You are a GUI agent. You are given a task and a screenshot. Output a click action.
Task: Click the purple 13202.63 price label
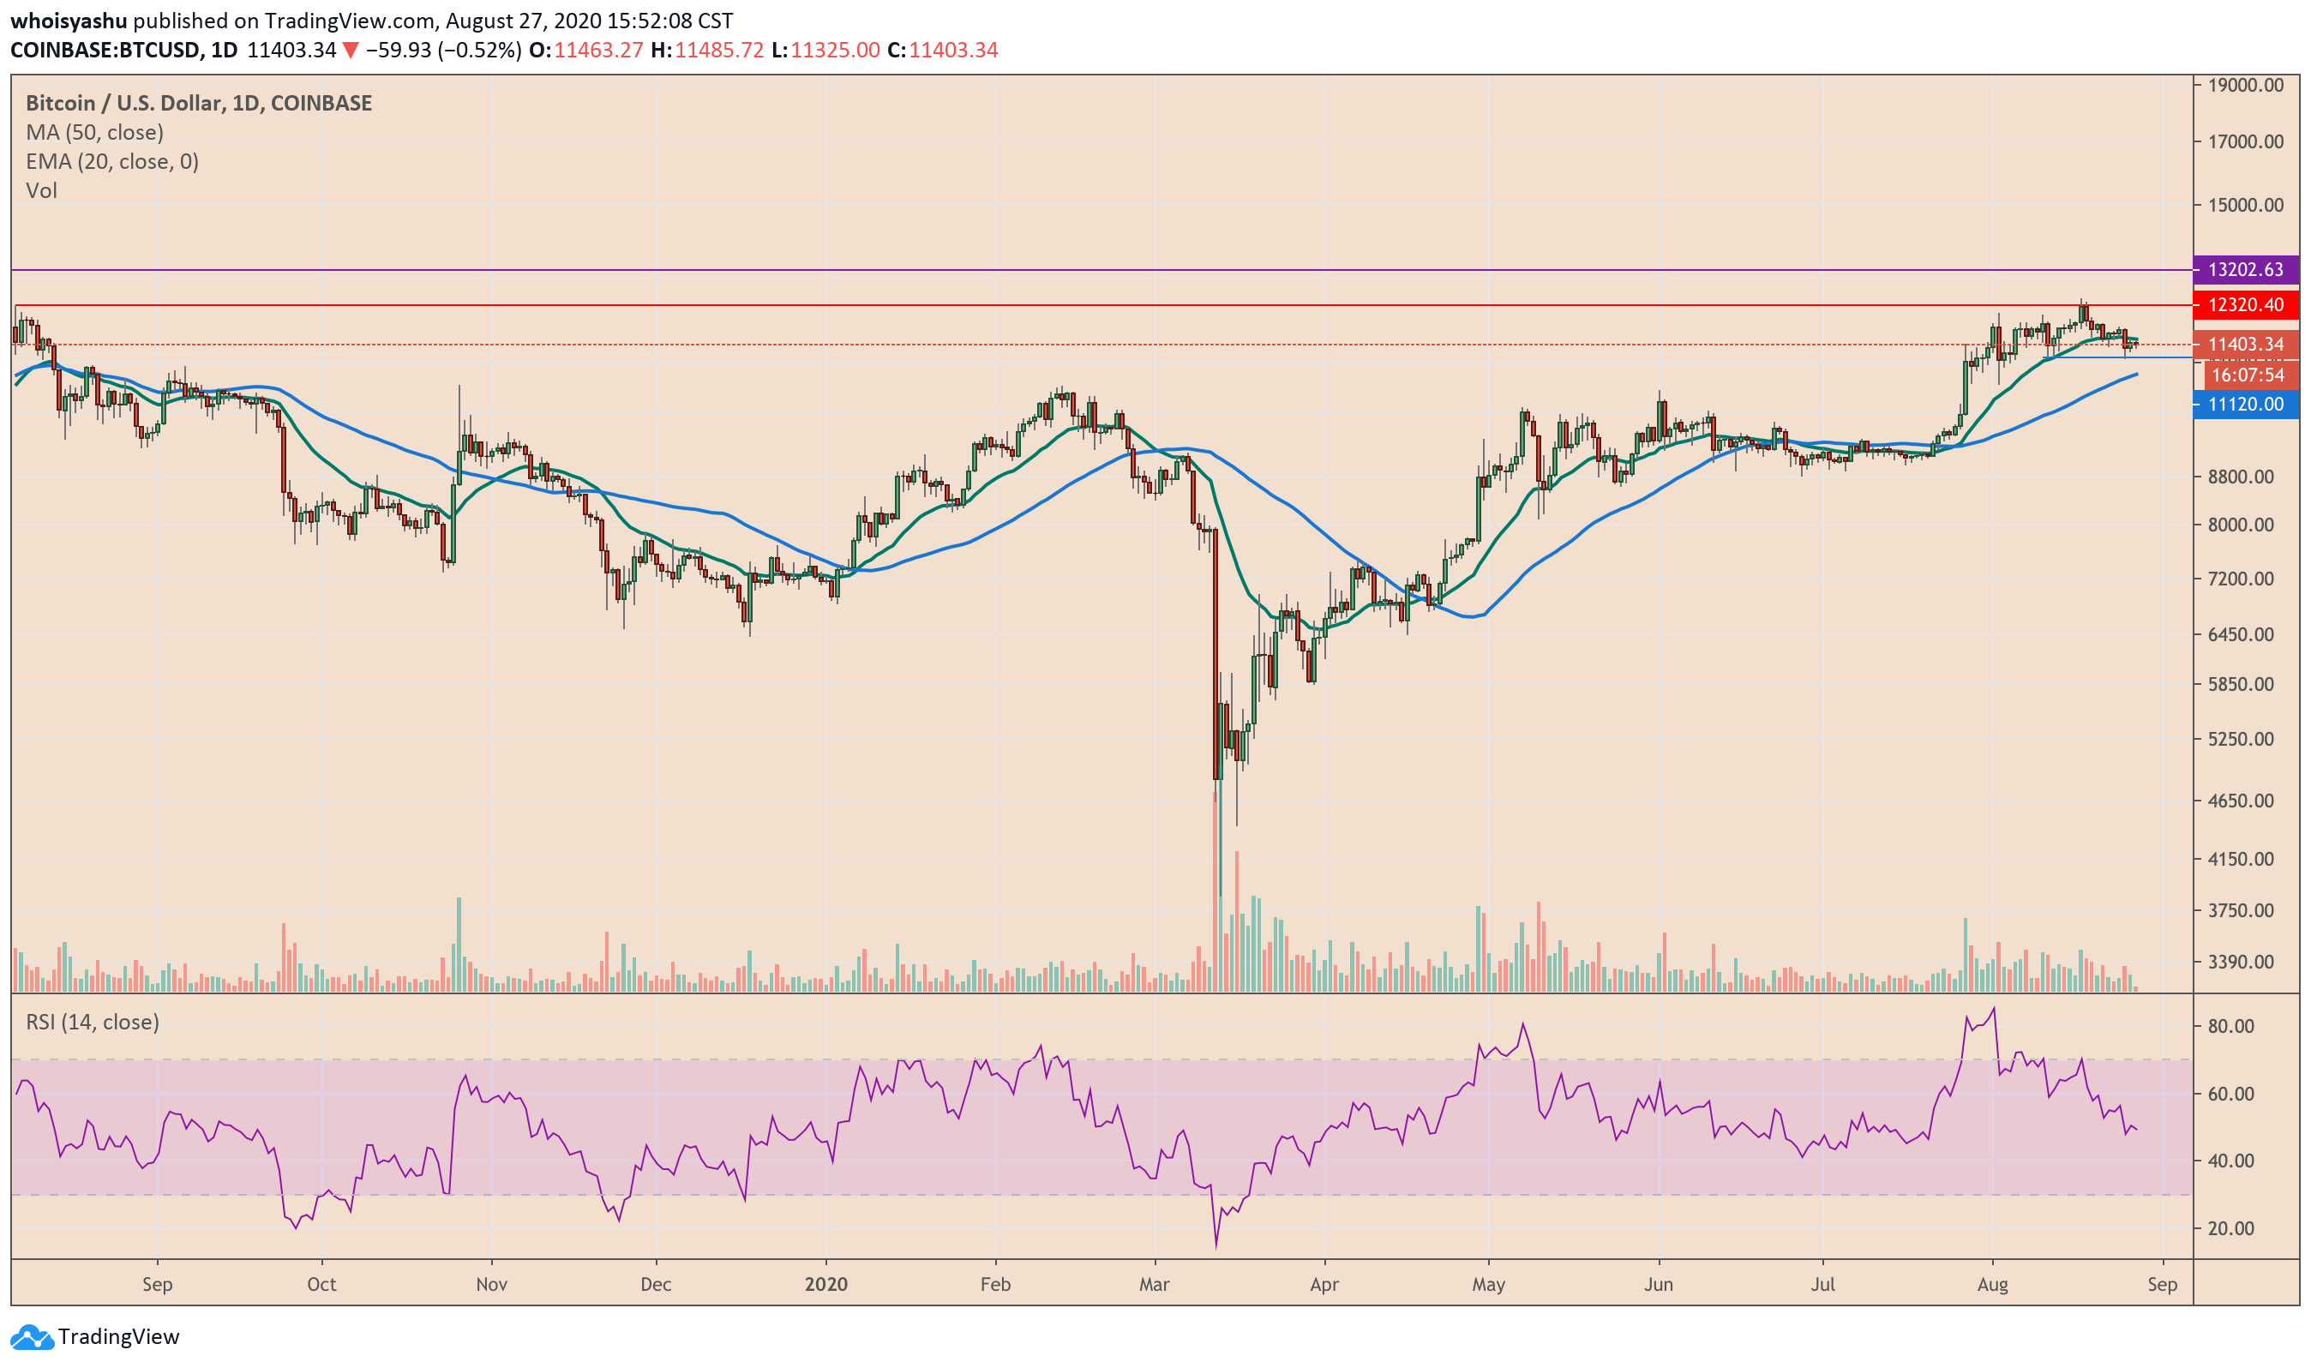(2246, 270)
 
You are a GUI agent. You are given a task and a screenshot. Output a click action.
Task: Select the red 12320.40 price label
(2246, 305)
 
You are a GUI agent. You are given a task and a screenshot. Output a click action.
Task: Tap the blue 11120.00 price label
(2246, 405)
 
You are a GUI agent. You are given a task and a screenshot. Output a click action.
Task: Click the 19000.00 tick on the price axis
(2246, 85)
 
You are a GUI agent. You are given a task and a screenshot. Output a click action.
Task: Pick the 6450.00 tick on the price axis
(2246, 635)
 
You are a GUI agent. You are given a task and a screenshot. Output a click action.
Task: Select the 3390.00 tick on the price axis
(2246, 963)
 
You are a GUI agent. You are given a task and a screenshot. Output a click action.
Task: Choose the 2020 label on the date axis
(826, 1285)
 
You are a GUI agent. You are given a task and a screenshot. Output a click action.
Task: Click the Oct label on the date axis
(321, 1285)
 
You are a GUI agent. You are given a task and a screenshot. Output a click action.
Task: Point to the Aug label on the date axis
(1993, 1285)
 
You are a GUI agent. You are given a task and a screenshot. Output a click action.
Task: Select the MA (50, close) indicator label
(94, 133)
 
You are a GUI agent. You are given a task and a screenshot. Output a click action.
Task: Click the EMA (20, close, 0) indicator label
(111, 162)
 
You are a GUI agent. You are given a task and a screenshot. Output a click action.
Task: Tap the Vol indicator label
(41, 191)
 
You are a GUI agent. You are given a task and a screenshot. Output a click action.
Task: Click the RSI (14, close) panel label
(93, 1023)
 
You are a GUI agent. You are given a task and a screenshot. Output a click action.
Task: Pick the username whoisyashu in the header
(69, 21)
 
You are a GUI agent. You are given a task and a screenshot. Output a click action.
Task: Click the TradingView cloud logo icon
(32, 1336)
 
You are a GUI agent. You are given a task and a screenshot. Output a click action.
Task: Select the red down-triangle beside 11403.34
(351, 51)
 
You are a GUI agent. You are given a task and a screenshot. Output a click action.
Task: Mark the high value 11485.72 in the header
(719, 51)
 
